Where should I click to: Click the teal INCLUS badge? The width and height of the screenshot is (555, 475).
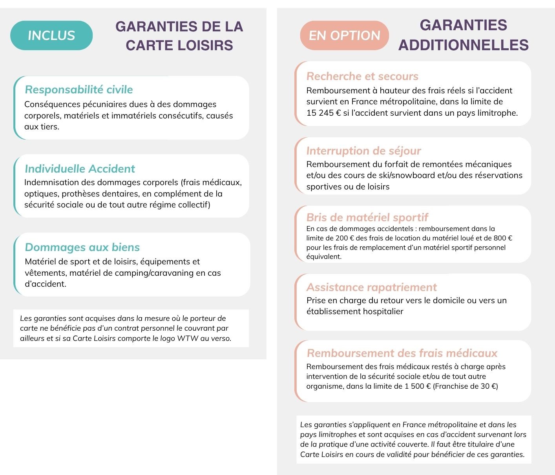(51, 35)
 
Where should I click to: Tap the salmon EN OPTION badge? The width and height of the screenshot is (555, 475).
(344, 35)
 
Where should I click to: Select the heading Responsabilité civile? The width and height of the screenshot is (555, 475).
(79, 89)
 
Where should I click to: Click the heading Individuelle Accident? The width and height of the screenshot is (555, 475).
(80, 169)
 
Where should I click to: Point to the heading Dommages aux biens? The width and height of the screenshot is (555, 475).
(82, 247)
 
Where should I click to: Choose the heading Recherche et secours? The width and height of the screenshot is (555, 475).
(362, 76)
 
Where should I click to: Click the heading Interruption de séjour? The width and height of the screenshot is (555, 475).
(363, 151)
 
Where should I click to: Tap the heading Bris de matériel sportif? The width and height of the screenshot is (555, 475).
(367, 217)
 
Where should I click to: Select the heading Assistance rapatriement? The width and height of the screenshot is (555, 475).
(371, 287)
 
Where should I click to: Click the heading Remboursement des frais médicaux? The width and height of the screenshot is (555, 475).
(402, 353)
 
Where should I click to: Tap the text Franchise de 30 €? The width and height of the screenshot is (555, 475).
(466, 386)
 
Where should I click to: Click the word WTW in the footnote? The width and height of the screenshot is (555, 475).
(188, 338)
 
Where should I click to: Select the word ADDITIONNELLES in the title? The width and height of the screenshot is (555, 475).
(463, 45)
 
